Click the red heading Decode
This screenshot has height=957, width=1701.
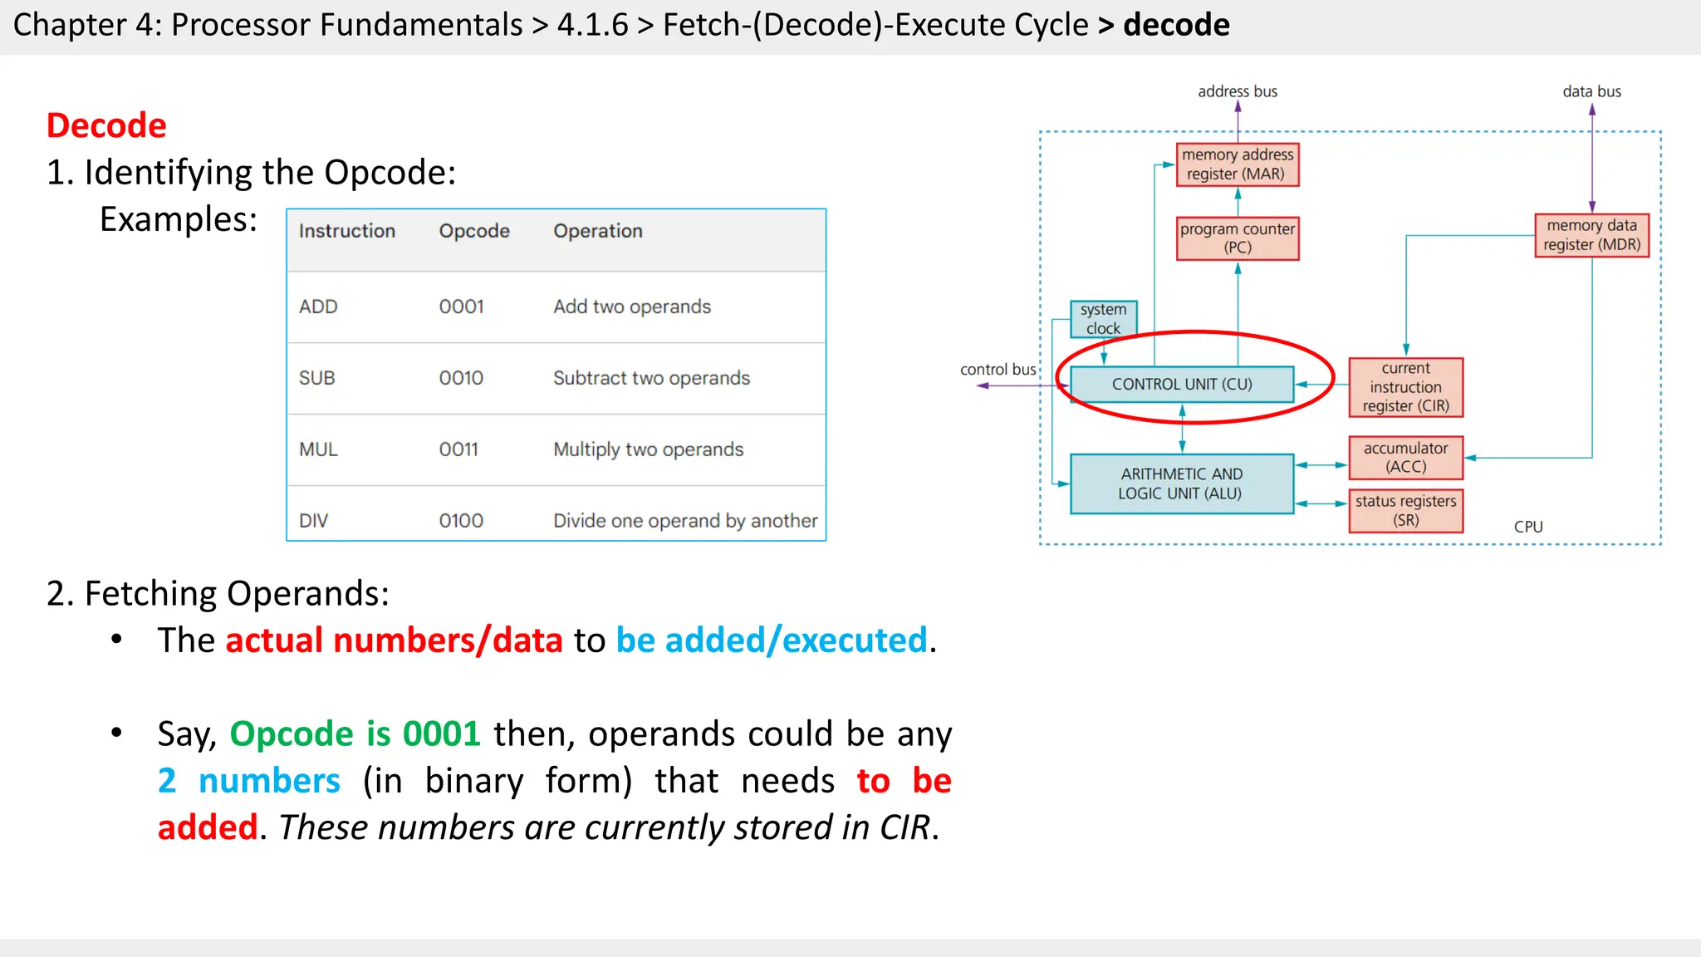click(106, 125)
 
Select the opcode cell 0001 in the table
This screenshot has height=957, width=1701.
click(461, 307)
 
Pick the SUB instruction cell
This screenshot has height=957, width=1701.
click(316, 378)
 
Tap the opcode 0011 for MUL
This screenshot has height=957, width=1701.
click(458, 449)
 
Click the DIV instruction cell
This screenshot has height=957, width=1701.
click(313, 521)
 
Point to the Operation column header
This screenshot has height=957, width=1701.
click(598, 231)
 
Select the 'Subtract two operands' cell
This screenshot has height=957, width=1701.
click(651, 378)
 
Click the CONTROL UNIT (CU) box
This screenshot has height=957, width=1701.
click(1181, 384)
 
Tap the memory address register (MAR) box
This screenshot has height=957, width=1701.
click(1237, 164)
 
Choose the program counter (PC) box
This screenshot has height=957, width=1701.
click(1237, 238)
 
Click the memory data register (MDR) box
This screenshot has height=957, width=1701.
click(1591, 235)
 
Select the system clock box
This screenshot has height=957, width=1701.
click(1103, 319)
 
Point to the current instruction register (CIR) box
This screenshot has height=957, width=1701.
click(1405, 387)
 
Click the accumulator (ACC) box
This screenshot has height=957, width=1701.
click(1405, 458)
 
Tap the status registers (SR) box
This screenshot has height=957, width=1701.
click(1405, 511)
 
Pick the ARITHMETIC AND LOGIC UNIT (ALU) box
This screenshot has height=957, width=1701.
click(1181, 483)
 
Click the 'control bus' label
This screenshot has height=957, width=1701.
click(998, 370)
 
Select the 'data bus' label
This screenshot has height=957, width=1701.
click(1591, 91)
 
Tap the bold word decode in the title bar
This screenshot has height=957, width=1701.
click(1176, 25)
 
